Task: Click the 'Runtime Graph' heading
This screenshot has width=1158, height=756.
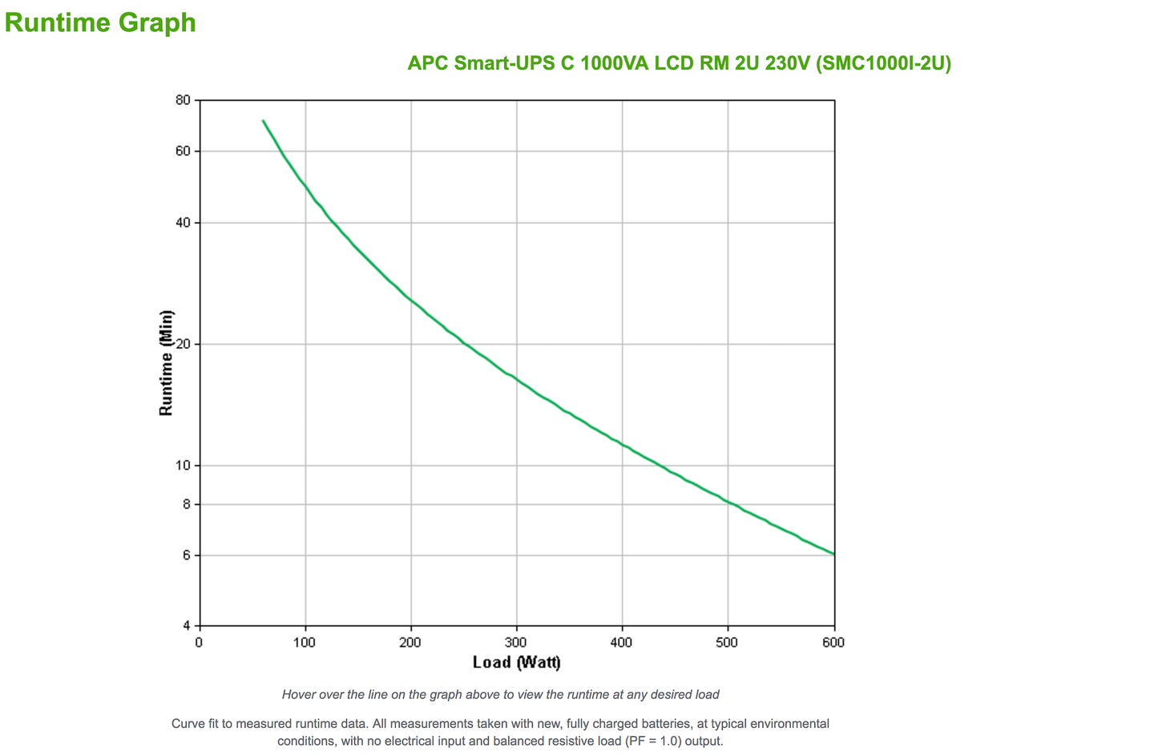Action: [100, 22]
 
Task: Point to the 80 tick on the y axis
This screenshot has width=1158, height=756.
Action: [183, 100]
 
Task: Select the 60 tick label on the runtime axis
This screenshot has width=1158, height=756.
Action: [183, 151]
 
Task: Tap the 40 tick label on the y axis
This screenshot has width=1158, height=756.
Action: [183, 222]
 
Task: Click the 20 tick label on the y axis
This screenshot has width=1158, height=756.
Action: [183, 344]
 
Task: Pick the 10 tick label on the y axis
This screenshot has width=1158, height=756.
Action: [183, 465]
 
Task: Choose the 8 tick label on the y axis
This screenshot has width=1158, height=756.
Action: [186, 504]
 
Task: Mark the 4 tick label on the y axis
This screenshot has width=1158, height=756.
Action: [186, 625]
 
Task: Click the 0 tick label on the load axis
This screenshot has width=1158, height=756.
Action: [200, 642]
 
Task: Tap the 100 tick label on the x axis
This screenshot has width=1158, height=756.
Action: [305, 642]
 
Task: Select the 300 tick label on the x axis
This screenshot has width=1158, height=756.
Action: [516, 642]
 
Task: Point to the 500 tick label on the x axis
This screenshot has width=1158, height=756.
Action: [727, 642]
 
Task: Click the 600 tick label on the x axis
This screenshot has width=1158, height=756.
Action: [833, 642]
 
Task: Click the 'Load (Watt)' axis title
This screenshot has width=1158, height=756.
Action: [517, 662]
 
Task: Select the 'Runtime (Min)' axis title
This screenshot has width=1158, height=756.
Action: [166, 362]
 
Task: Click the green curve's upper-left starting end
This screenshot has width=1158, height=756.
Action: [263, 121]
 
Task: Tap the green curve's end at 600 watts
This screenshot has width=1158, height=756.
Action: [833, 554]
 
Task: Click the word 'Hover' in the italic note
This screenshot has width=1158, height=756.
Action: [298, 694]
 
